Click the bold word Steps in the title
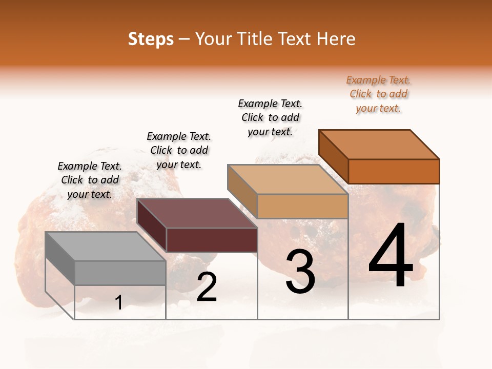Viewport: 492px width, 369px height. (150, 39)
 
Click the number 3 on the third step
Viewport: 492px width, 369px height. (300, 272)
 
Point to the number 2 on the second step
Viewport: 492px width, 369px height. (207, 287)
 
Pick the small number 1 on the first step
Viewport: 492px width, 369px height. (119, 303)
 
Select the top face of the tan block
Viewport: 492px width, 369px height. (288, 179)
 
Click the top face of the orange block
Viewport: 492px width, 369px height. (379, 145)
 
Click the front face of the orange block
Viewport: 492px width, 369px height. (394, 171)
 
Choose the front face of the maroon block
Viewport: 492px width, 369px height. (212, 240)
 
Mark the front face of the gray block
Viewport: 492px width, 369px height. (120, 273)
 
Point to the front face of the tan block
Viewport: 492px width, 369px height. (302, 206)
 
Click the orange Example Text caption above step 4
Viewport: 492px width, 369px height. (378, 94)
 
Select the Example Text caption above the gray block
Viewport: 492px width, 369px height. (90, 180)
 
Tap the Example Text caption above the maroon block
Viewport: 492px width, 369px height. (179, 150)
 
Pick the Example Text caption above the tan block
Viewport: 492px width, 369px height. (270, 117)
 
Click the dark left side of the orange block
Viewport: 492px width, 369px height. (333, 156)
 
